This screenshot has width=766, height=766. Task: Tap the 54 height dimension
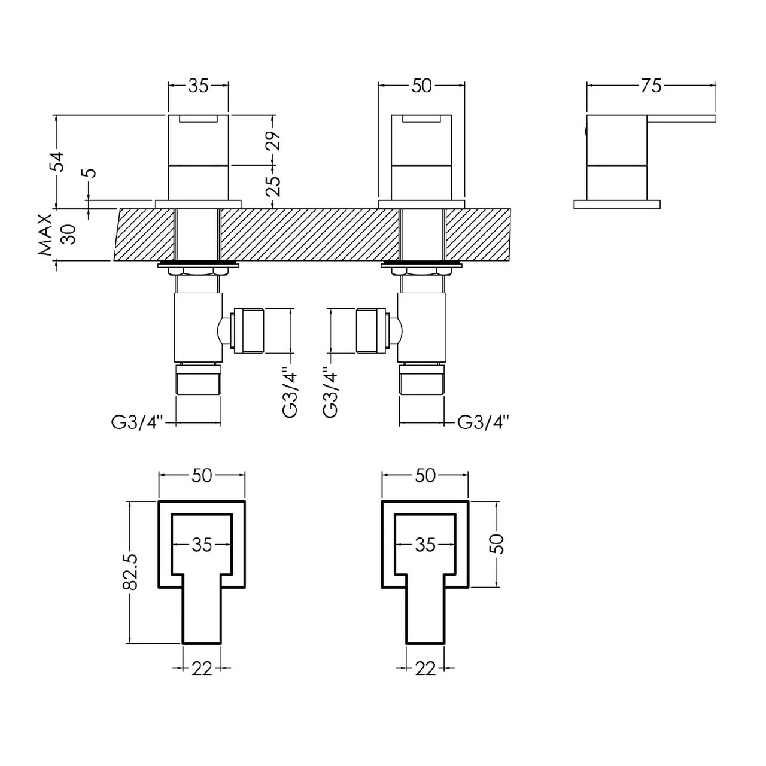point(57,162)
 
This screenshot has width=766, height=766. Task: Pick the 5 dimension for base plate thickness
point(90,174)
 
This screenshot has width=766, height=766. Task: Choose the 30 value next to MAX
point(69,234)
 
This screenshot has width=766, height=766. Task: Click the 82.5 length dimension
point(130,572)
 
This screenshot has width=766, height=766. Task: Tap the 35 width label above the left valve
point(198,86)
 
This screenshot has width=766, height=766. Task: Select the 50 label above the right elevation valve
point(421,86)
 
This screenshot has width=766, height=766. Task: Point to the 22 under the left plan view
point(202,668)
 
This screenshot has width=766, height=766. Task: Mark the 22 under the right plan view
point(425,668)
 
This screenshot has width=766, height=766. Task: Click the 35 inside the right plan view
point(425,545)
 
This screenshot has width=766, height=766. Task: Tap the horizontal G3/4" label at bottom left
point(137,422)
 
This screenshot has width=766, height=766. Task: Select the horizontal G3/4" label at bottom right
point(483,422)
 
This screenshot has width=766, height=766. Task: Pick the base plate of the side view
point(617,205)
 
